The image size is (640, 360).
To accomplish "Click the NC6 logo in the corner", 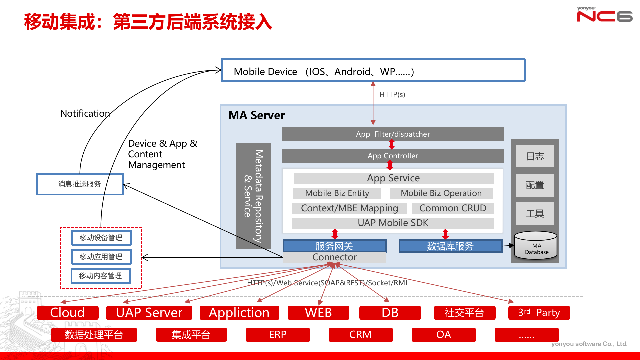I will (604, 15).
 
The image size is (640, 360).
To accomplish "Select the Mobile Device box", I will (373, 71).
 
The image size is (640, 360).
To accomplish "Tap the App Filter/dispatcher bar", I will (393, 134).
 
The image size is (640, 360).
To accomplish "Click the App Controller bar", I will (393, 156).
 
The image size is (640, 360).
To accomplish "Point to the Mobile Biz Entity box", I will (337, 193).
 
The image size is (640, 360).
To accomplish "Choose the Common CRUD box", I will (453, 208).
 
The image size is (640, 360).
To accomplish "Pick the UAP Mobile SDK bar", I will (393, 223).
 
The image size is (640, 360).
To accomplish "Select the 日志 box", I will (535, 156).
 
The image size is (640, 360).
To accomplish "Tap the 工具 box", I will (535, 213).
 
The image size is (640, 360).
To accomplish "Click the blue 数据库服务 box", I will (450, 246).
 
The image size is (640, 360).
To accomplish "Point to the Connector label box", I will (334, 257).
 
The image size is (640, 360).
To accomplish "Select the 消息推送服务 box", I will (80, 184).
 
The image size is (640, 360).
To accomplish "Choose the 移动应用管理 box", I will (101, 257).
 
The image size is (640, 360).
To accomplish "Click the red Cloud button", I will (68, 313).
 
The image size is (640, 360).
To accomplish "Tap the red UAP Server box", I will (149, 313).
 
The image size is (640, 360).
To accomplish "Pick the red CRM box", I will (360, 335).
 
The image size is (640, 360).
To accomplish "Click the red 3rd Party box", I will (539, 313).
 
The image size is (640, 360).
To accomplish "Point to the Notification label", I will (85, 114).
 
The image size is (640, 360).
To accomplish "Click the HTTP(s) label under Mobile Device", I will (392, 95).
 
